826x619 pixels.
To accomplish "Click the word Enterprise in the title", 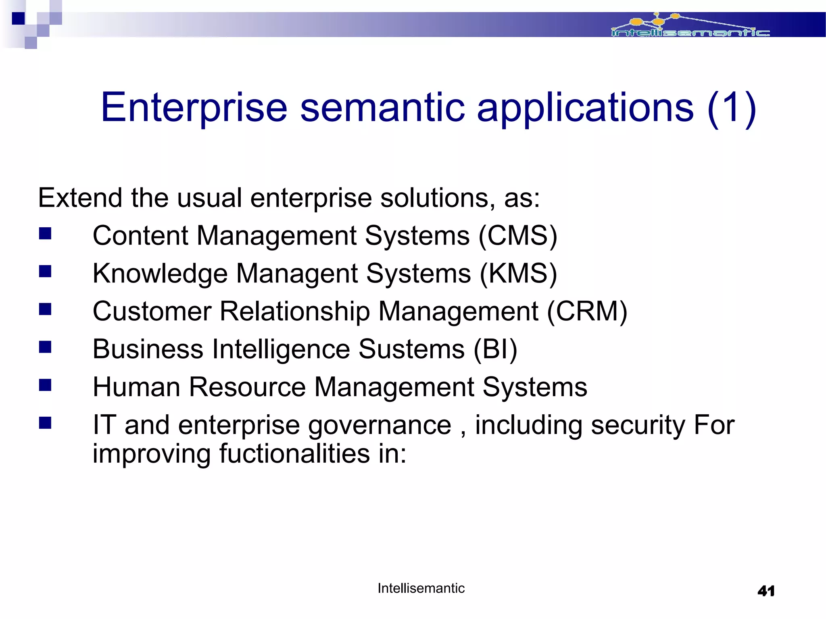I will coord(194,107).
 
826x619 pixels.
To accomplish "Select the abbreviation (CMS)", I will coord(518,236).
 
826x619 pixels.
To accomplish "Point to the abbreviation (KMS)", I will coord(518,274).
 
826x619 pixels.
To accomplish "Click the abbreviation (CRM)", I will coord(587,312).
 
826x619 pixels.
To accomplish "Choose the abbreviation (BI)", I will coord(495,349).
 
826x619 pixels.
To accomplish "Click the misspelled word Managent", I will coord(297,274).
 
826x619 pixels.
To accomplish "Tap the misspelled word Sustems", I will coord(411,349).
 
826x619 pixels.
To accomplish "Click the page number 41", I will coord(766,591).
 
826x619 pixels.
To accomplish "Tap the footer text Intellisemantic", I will coord(421,588).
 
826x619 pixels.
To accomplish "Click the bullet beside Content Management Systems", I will coord(45,234).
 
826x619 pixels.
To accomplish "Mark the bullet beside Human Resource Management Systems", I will coord(45,385).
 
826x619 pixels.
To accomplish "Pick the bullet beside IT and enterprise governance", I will coord(45,423).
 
